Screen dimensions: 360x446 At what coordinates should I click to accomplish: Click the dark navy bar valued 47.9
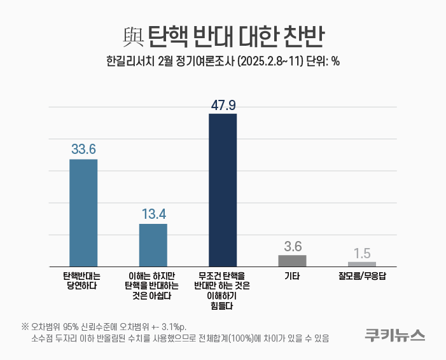(223, 190)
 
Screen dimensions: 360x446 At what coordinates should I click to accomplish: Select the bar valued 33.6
(83, 212)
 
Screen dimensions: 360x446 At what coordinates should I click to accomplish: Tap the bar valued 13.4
(153, 245)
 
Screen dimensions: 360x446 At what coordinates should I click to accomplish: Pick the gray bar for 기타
(292, 261)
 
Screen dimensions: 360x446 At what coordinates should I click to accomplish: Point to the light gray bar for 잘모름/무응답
(362, 264)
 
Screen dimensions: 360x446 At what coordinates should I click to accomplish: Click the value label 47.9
(223, 105)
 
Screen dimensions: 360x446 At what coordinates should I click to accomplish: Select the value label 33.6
(83, 149)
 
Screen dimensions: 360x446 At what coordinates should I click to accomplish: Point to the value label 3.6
(292, 246)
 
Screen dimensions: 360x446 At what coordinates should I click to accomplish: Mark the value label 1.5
(362, 253)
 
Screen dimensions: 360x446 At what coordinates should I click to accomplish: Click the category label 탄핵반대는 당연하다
(82, 280)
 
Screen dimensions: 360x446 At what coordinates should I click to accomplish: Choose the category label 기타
(292, 276)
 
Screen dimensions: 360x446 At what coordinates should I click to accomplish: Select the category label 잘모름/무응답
(362, 276)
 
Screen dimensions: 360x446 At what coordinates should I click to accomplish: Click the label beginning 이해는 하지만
(153, 286)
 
